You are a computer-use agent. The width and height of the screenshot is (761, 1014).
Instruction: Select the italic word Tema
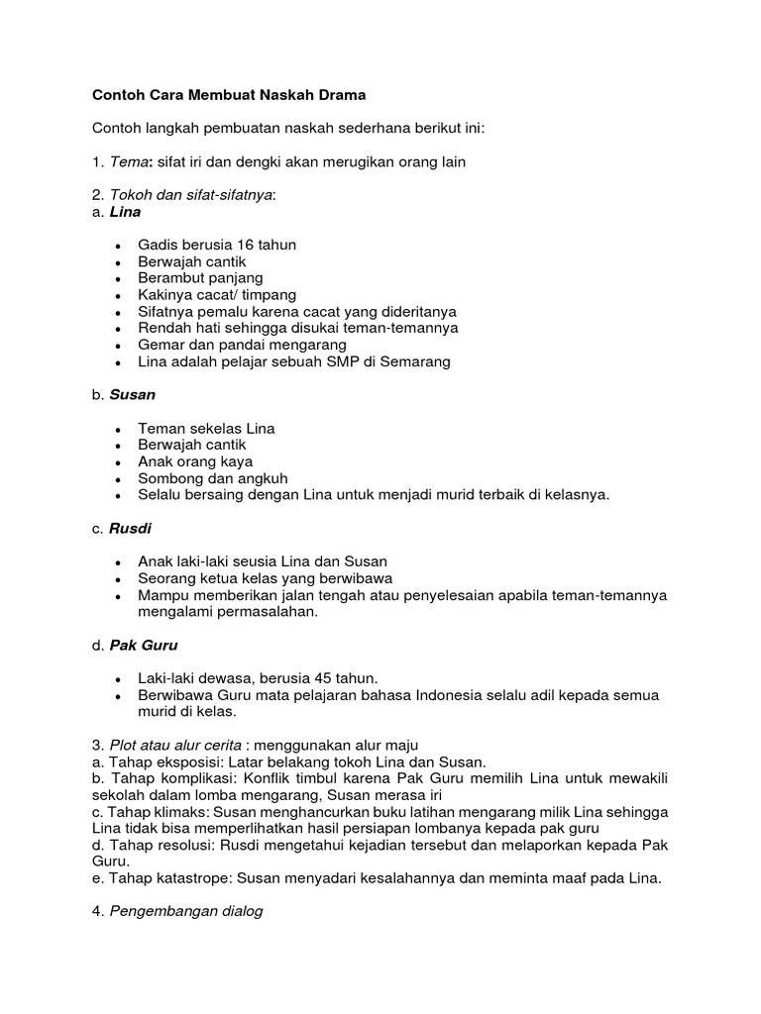[128, 161]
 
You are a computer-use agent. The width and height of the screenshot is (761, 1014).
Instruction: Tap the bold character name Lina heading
[125, 212]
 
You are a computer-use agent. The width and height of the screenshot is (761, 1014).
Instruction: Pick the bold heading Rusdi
[131, 528]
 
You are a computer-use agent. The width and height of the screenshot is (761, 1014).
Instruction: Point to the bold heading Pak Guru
[145, 645]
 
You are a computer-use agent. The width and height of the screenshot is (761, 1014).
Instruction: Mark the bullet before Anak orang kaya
[118, 462]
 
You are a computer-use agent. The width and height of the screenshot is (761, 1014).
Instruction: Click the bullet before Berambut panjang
[118, 278]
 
